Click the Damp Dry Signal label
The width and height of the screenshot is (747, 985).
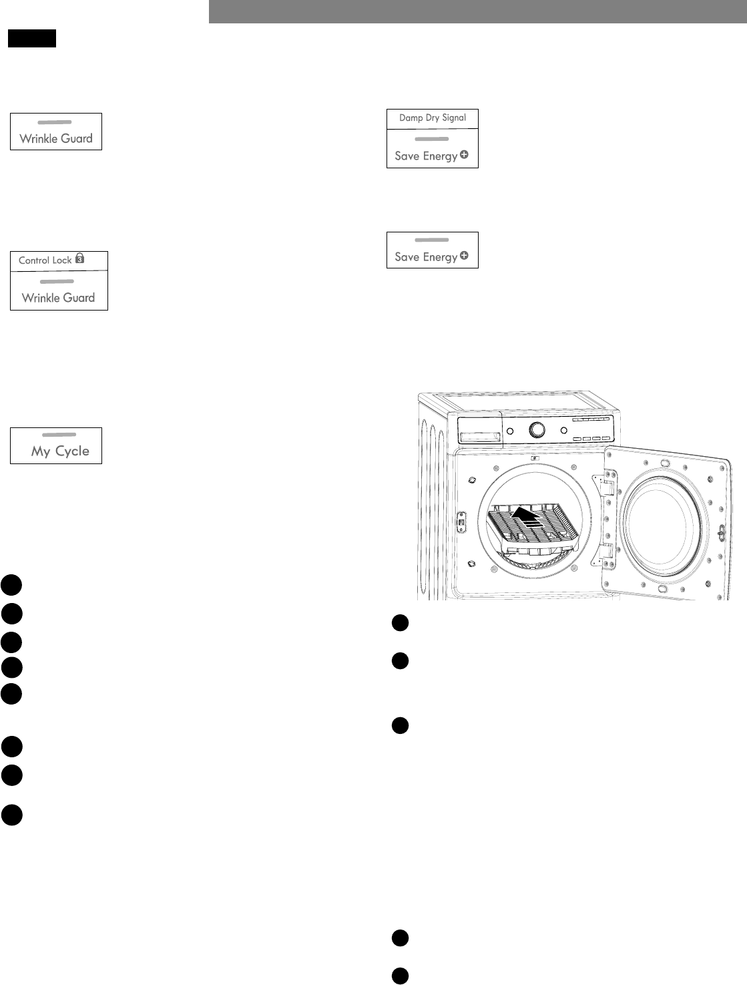point(433,118)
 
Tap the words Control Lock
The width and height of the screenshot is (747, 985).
point(45,260)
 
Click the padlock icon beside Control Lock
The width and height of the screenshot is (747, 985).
point(79,258)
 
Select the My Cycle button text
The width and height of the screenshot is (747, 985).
point(60,451)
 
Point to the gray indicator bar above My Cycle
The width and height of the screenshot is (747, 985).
point(59,435)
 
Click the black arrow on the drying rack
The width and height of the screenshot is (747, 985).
point(524,516)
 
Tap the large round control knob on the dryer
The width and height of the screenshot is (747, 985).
point(536,430)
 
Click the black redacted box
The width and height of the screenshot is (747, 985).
point(32,39)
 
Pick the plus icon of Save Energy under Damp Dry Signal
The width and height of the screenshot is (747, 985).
point(464,155)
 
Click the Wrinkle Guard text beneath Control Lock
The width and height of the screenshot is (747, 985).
point(59,298)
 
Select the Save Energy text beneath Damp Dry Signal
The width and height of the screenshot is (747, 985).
point(426,156)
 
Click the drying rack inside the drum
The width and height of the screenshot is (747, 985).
point(534,528)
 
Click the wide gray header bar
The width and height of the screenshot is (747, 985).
point(477,11)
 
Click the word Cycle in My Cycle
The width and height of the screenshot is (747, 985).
point(72,451)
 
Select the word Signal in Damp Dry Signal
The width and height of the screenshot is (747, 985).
point(454,118)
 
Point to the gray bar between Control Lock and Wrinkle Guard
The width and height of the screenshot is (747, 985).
point(57,282)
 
